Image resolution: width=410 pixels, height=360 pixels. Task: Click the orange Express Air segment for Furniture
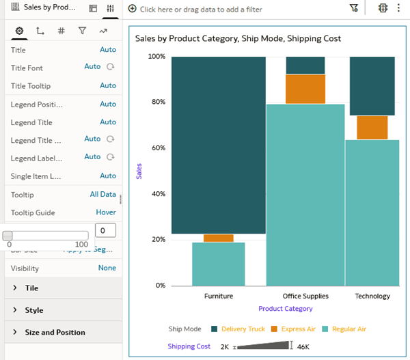click(218, 238)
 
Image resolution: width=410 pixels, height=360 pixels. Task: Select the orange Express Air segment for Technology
click(372, 128)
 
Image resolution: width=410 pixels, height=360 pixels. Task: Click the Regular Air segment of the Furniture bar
click(218, 264)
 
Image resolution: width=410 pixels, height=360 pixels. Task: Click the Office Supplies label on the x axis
click(305, 296)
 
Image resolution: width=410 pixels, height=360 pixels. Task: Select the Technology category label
click(372, 296)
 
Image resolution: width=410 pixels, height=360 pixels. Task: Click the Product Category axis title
click(285, 309)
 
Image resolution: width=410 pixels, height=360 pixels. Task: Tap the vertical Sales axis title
click(139, 171)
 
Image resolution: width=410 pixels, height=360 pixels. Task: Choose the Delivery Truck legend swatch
click(215, 329)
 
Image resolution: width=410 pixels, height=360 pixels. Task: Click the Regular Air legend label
click(348, 329)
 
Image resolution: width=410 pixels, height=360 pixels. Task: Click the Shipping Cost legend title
click(189, 346)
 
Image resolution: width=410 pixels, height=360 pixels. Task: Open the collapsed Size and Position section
click(55, 333)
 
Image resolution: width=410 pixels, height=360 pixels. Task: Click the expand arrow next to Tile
click(15, 288)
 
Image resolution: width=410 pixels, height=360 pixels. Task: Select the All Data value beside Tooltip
click(102, 195)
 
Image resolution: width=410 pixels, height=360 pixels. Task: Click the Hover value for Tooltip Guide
click(106, 212)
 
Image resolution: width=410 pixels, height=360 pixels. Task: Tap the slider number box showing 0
click(105, 231)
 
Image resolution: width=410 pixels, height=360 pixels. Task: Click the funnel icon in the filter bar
click(353, 9)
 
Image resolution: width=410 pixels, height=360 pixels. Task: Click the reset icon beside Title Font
click(111, 67)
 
